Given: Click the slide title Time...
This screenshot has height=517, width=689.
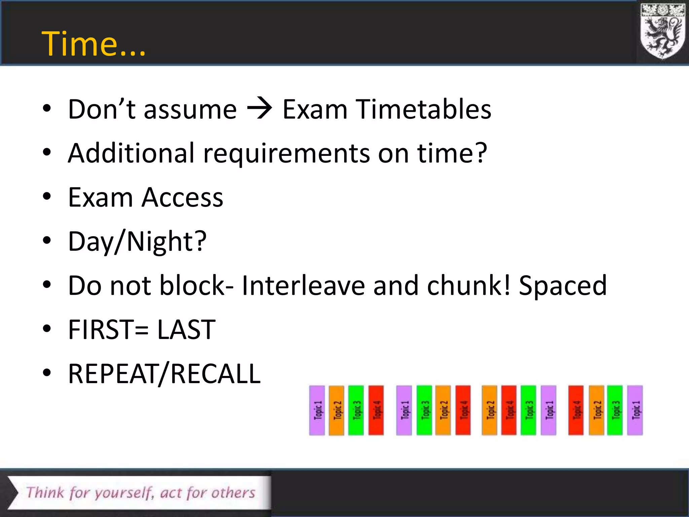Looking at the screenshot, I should click(93, 44).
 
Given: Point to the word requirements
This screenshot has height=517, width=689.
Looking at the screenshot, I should click(286, 153).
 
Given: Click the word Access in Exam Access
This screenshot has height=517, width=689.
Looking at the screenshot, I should click(182, 198).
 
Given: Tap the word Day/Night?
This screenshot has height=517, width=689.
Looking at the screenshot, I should click(137, 242).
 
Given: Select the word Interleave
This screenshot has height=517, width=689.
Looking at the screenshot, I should click(303, 286).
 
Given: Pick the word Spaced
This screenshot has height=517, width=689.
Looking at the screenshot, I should click(563, 286).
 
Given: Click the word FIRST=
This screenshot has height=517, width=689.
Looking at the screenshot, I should click(108, 330).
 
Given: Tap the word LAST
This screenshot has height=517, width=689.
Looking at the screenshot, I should click(186, 330).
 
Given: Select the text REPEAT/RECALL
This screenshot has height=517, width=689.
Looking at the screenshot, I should click(164, 374).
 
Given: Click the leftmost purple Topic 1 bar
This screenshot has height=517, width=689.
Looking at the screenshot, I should click(317, 410).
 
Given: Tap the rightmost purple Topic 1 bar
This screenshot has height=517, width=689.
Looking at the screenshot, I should click(635, 410).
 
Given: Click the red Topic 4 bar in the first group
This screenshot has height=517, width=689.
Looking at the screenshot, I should click(376, 410).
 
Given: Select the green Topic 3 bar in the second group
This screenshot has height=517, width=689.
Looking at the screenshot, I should click(424, 410).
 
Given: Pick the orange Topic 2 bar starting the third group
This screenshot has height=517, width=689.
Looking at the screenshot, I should click(489, 410).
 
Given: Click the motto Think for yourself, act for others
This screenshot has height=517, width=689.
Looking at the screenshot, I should click(141, 493).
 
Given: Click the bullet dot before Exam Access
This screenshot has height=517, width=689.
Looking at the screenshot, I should click(47, 197).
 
